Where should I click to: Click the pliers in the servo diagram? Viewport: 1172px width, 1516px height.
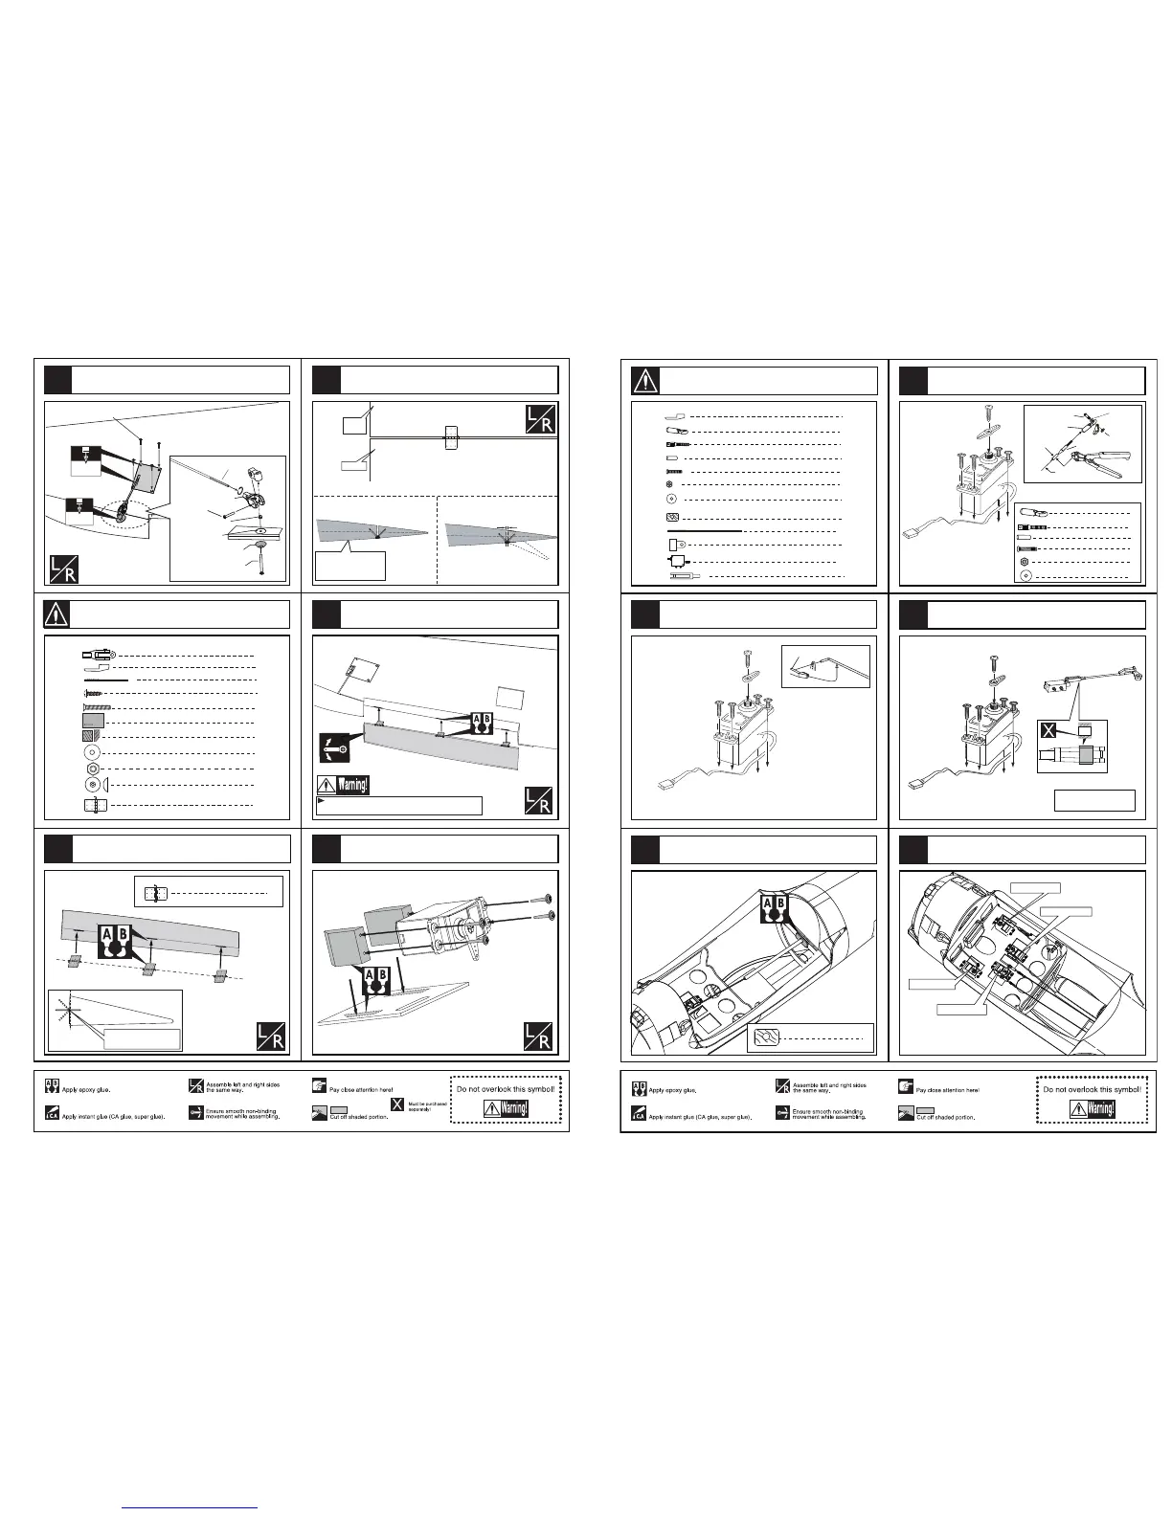coord(1102,449)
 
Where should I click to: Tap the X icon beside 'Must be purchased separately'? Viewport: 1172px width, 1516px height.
coord(397,1106)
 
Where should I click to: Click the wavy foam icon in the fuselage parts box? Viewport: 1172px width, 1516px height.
coord(766,1037)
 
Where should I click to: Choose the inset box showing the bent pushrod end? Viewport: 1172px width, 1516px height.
coord(825,666)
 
